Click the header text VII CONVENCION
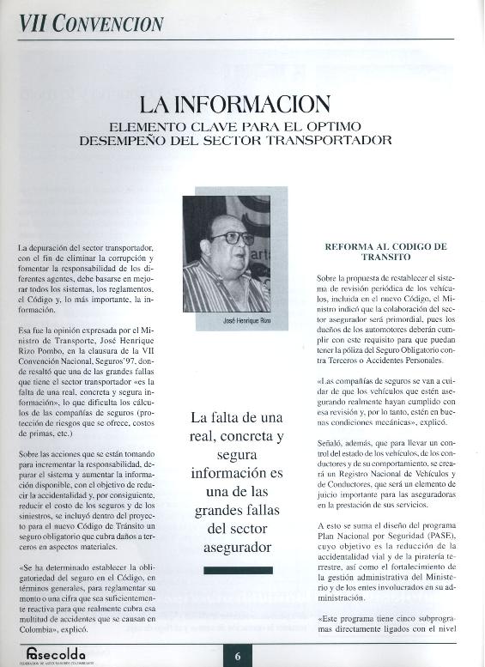[91, 22]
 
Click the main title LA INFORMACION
[235, 104]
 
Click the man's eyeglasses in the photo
[232, 238]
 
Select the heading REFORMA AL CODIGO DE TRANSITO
[385, 252]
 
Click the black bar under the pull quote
[238, 570]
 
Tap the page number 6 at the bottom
[238, 656]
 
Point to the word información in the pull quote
[238, 472]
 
